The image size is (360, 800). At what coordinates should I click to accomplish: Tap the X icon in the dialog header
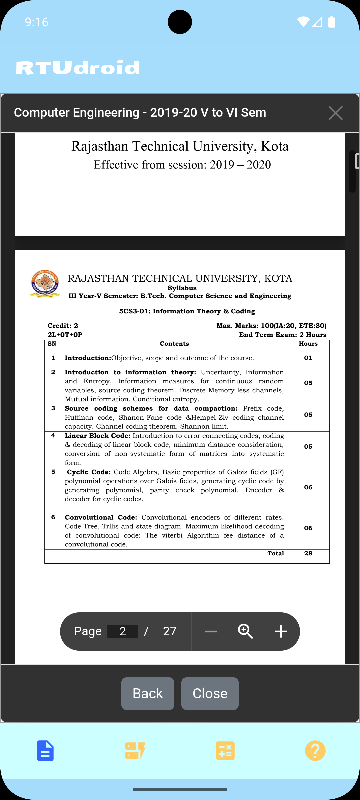click(x=335, y=113)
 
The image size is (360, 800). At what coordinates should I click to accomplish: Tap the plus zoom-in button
click(x=281, y=631)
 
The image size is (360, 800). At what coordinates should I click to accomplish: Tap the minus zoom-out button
click(x=211, y=631)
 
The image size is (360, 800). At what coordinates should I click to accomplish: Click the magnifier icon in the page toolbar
click(x=246, y=631)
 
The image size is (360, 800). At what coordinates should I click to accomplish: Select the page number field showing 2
click(x=123, y=631)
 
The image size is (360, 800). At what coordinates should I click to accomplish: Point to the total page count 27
click(x=169, y=631)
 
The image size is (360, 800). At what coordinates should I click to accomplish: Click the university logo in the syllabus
click(x=45, y=284)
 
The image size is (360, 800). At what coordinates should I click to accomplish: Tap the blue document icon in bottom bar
click(x=45, y=751)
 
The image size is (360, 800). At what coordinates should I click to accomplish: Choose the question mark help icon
click(x=315, y=751)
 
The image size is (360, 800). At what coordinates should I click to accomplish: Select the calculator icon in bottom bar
click(x=225, y=751)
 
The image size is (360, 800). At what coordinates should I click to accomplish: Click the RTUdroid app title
click(x=78, y=68)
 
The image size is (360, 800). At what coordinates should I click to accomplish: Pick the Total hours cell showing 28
click(x=308, y=553)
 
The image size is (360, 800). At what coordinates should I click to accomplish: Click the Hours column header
click(x=308, y=344)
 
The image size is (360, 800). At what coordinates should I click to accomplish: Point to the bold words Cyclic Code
click(x=89, y=472)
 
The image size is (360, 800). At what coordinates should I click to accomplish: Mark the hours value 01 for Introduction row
click(x=308, y=358)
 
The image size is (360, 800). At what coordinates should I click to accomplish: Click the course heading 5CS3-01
click(x=187, y=311)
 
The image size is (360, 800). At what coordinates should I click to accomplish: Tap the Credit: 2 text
click(x=63, y=326)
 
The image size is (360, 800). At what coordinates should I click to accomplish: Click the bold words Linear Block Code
click(x=97, y=436)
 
